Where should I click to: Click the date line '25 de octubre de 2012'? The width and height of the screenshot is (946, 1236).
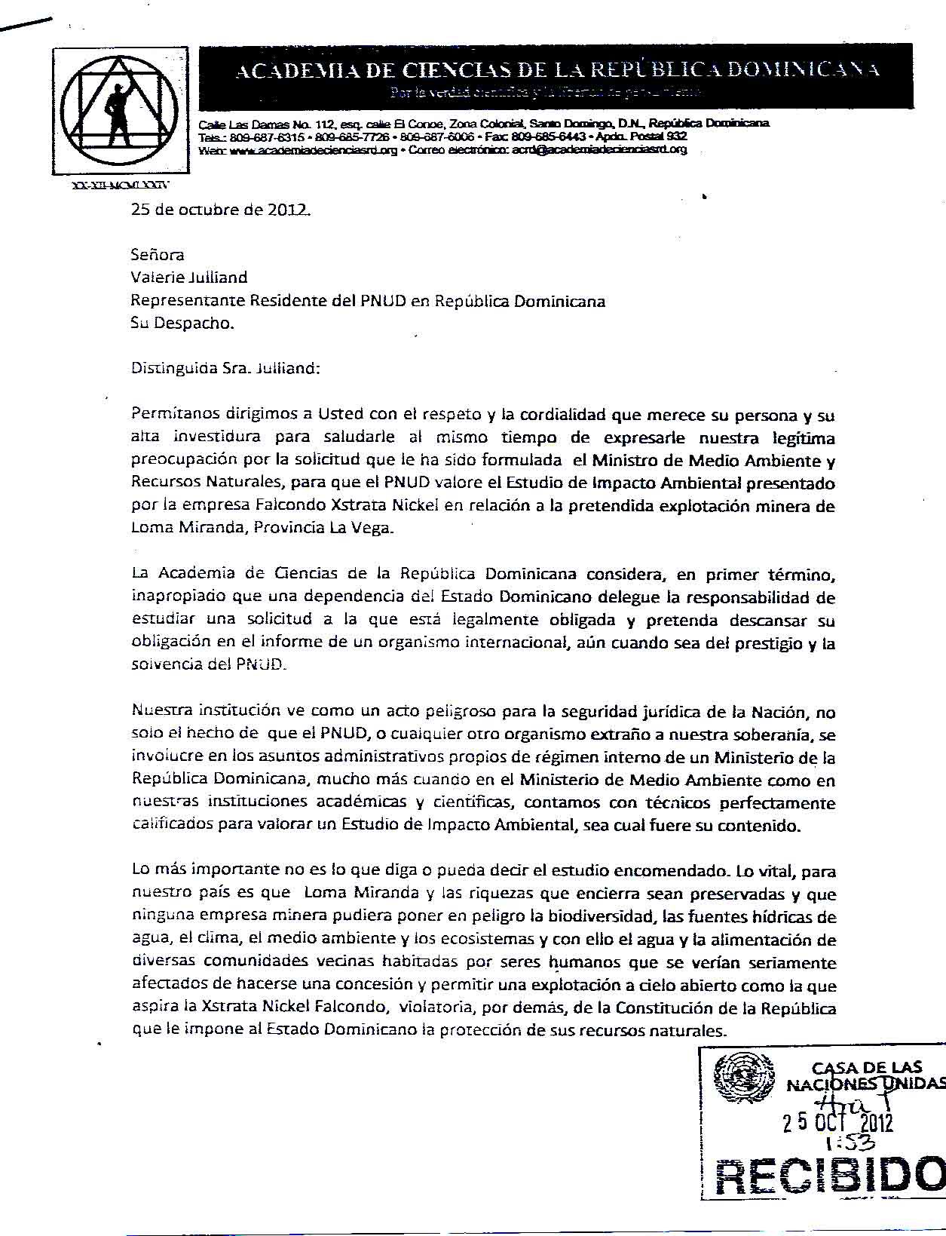(220, 210)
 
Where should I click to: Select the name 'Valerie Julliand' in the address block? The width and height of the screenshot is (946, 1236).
(189, 278)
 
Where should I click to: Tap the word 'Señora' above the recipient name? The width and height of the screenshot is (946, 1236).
(158, 255)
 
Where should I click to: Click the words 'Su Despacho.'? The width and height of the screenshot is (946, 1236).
(182, 323)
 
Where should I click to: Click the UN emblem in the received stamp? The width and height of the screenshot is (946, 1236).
(742, 1081)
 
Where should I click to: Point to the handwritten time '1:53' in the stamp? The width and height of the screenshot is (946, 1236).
(841, 1145)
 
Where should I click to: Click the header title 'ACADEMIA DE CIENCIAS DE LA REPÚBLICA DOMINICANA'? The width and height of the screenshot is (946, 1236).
(558, 71)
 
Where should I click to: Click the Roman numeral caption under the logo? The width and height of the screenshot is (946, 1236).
(121, 184)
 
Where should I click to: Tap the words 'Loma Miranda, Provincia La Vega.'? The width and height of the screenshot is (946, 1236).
(262, 528)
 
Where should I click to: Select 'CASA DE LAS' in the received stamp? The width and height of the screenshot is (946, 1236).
(866, 1067)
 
